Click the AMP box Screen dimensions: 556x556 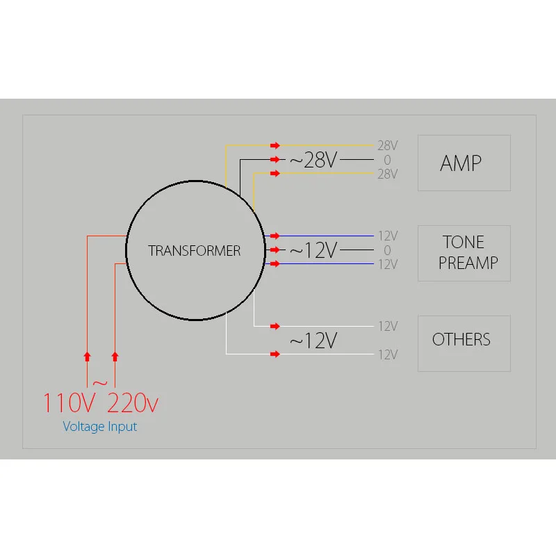464,163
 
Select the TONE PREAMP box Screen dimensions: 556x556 464,253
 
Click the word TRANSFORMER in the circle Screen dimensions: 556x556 195,251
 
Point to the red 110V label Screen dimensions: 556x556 69,404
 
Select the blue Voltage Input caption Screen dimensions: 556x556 100,427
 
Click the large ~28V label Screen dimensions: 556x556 313,161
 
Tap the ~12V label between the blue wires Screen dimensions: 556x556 313,250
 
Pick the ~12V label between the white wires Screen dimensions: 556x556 313,341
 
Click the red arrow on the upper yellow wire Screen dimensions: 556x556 275,145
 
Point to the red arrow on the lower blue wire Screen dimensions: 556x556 275,264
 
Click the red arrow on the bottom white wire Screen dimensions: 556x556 275,354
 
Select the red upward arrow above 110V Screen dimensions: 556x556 87,357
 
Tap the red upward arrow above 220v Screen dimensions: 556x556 115,357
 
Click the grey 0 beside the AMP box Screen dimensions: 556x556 387,160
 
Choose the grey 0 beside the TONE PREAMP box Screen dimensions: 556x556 387,250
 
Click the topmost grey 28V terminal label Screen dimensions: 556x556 387,146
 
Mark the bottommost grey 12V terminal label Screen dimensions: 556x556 387,354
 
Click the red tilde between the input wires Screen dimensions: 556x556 100,383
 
